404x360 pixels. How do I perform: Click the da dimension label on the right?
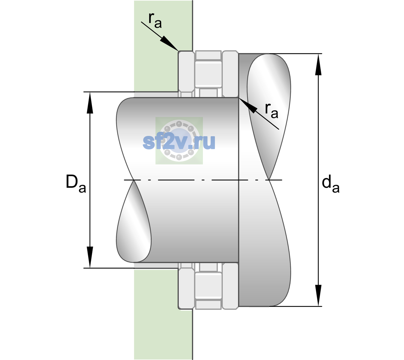pos(330,184)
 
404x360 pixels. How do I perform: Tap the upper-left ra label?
pos(155,20)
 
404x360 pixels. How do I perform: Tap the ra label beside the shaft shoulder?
pos(271,111)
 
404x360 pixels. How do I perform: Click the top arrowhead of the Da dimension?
pos(90,103)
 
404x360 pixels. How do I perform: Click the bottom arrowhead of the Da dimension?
pos(90,257)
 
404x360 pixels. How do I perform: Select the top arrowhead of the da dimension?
pos(318,64)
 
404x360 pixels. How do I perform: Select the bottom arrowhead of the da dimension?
pos(318,295)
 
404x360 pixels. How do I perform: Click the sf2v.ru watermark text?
pos(179,142)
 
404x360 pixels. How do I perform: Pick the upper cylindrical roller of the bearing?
pos(208,74)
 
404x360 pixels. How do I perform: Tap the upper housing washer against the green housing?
pos(186,74)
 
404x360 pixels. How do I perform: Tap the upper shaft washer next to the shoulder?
pos(230,74)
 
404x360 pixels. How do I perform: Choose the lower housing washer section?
pos(186,286)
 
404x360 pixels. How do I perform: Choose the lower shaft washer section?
pos(230,286)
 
